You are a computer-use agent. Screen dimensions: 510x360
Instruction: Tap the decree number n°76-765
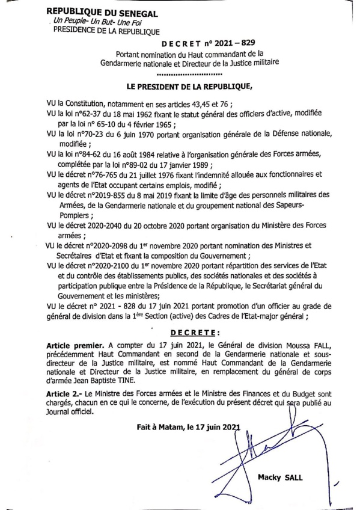coord(103,174)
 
